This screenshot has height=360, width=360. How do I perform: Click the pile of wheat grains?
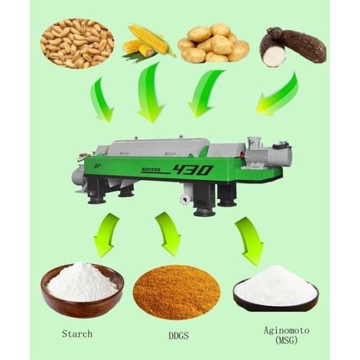pyautogui.click(x=77, y=43)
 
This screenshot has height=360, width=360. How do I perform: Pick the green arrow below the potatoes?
pyautogui.click(x=204, y=93)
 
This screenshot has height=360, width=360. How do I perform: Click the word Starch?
pyautogui.click(x=77, y=333)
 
